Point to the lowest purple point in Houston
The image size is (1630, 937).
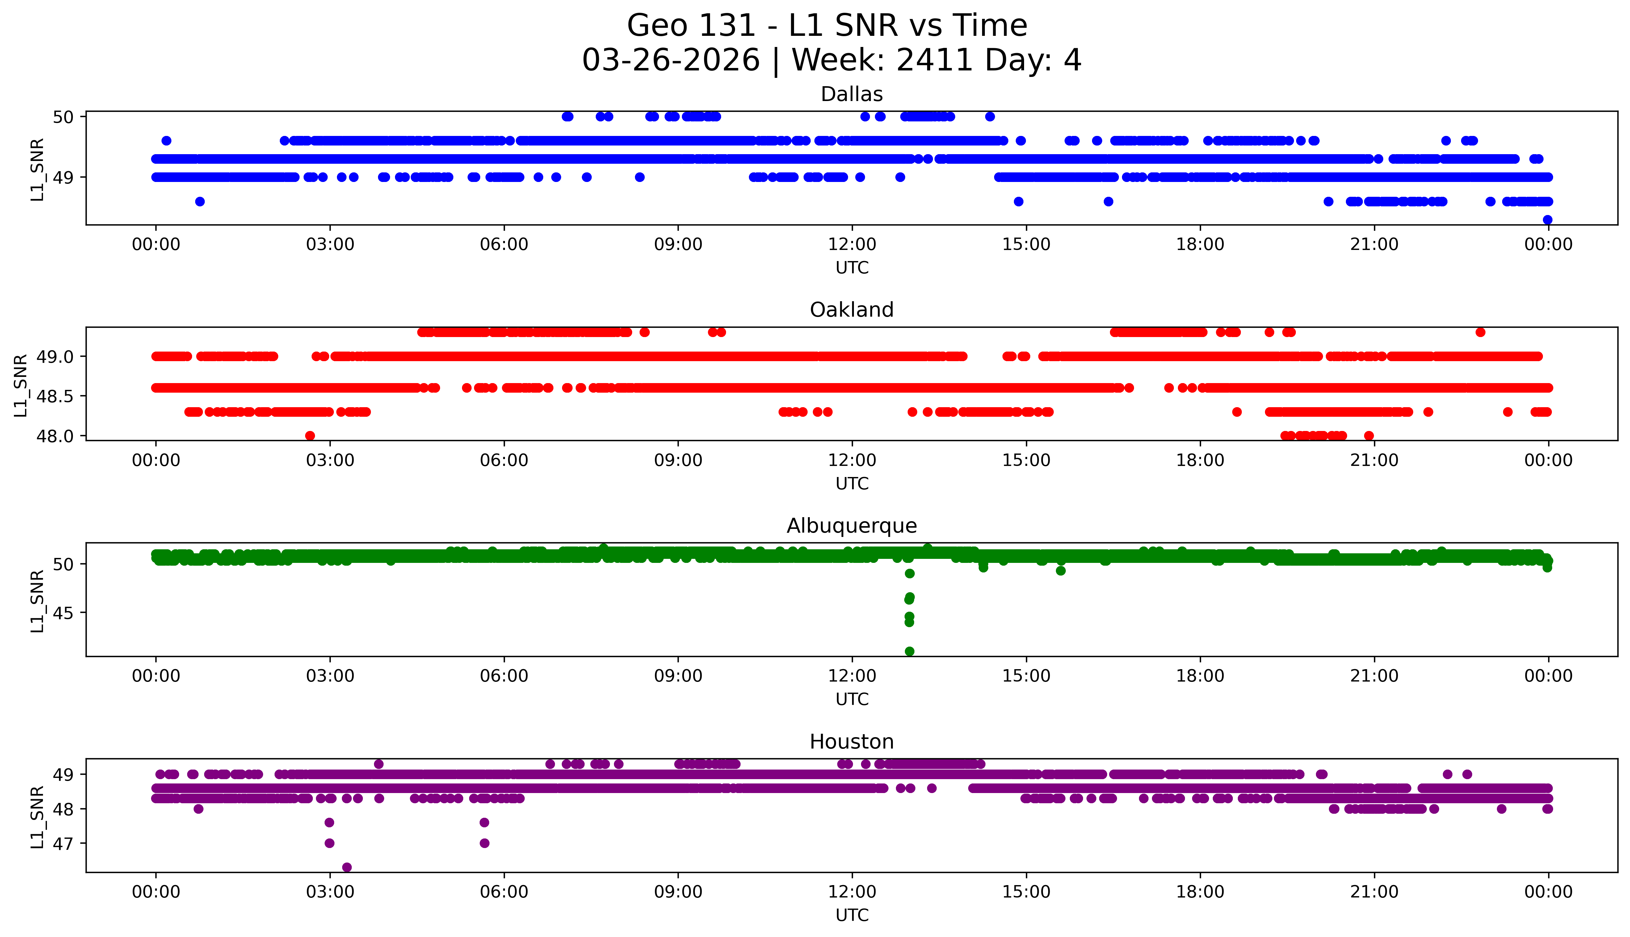[347, 867]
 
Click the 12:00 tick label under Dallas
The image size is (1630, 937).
[852, 245]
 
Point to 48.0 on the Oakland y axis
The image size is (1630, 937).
[50, 436]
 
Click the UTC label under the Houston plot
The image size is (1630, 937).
[852, 915]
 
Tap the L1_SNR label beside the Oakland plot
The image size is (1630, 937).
[21, 385]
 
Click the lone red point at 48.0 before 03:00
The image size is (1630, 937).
[310, 436]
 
